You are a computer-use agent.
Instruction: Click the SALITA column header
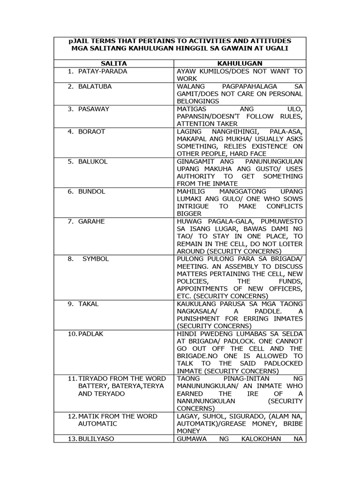tap(113, 63)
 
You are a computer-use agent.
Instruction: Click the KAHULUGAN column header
tap(240, 63)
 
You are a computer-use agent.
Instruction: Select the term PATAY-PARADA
tap(103, 71)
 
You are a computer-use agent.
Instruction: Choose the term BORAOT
tap(92, 131)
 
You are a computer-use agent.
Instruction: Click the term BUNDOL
tap(92, 191)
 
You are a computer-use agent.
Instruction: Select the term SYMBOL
tap(96, 259)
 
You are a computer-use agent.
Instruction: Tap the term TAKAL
tap(89, 304)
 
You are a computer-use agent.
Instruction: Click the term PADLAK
tap(92, 334)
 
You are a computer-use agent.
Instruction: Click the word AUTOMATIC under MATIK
tap(97, 424)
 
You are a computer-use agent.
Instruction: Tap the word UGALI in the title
tap(275, 49)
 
